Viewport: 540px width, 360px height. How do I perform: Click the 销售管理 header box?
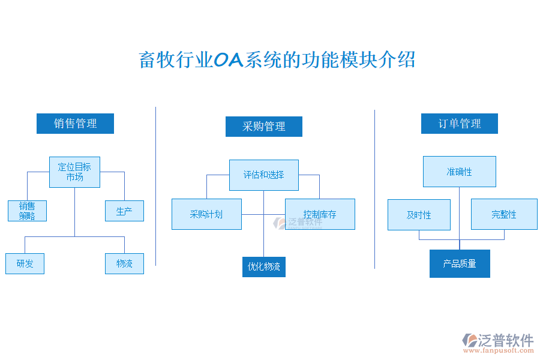click(x=75, y=124)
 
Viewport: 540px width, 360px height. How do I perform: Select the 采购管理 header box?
click(x=263, y=127)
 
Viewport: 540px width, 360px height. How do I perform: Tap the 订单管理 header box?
click(x=459, y=124)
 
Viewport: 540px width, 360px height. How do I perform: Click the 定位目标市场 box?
click(x=74, y=172)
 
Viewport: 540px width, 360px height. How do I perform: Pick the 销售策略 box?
click(x=27, y=211)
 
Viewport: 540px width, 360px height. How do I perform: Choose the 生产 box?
click(x=124, y=211)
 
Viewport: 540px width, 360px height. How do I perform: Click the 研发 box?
click(x=25, y=263)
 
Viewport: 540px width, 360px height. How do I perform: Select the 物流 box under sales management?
click(x=124, y=263)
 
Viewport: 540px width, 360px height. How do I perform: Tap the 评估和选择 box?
click(x=263, y=175)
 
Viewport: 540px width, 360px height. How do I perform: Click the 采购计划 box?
click(x=206, y=214)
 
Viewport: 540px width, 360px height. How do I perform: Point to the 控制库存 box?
click(x=320, y=214)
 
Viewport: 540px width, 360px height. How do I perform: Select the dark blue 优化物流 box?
click(x=263, y=266)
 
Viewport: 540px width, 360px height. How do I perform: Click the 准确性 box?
click(x=459, y=172)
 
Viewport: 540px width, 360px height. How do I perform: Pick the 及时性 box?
click(x=419, y=215)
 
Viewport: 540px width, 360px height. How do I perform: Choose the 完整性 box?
click(x=503, y=214)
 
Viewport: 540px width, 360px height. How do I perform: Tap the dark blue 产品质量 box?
click(x=460, y=263)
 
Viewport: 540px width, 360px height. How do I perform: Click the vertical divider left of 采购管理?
click(x=156, y=186)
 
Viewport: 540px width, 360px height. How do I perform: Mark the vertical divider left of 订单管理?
click(x=374, y=189)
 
